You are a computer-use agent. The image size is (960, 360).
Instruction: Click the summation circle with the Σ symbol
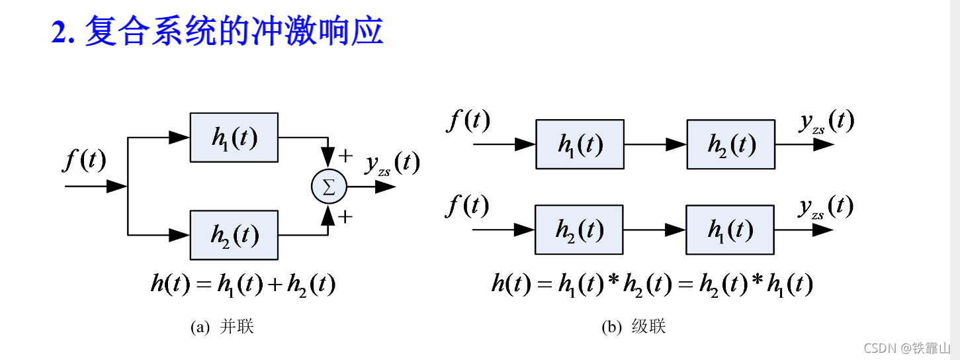pyautogui.click(x=328, y=187)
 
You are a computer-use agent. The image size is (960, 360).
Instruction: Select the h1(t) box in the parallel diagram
pyautogui.click(x=234, y=138)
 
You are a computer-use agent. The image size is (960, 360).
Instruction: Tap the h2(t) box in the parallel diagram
pyautogui.click(x=234, y=234)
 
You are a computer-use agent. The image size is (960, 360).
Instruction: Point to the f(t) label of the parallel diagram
pyautogui.click(x=84, y=161)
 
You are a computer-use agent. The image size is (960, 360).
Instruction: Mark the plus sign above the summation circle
pyautogui.click(x=345, y=156)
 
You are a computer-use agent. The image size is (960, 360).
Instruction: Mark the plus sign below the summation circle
pyautogui.click(x=345, y=216)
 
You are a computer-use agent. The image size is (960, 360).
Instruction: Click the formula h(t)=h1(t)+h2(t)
pyautogui.click(x=243, y=285)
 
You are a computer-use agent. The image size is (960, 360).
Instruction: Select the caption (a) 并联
pyautogui.click(x=222, y=327)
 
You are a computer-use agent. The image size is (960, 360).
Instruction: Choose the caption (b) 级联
pyautogui.click(x=633, y=327)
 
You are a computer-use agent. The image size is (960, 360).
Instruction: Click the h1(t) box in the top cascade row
pyautogui.click(x=580, y=144)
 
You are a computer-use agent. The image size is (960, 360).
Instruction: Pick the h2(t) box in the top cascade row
pyautogui.click(x=730, y=144)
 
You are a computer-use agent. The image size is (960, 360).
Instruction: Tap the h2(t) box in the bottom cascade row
pyautogui.click(x=579, y=230)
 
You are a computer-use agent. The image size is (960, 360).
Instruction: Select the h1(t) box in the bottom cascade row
pyautogui.click(x=730, y=230)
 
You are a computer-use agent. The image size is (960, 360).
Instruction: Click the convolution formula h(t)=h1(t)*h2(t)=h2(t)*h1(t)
pyautogui.click(x=652, y=285)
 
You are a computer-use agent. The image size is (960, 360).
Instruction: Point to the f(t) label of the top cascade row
pyautogui.click(x=468, y=121)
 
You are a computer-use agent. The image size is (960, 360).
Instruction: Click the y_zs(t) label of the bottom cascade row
pyautogui.click(x=825, y=207)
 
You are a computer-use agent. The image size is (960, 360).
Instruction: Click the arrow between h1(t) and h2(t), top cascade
pyautogui.click(x=655, y=144)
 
